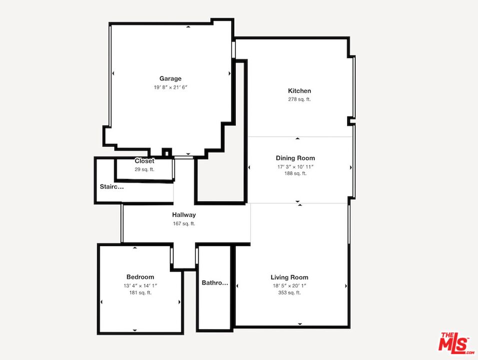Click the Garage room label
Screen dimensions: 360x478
coord(170,78)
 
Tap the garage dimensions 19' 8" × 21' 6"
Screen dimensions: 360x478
coord(170,87)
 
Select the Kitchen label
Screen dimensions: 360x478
coord(299,91)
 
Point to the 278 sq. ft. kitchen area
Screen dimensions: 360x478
coord(299,99)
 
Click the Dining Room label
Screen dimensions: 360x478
coord(295,158)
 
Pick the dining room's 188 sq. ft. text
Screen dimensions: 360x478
coord(295,173)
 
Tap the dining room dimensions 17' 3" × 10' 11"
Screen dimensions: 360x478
coord(295,166)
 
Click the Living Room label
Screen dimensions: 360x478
coord(289,277)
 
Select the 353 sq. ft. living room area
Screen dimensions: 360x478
coord(289,293)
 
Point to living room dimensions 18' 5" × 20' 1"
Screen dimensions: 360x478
coord(289,285)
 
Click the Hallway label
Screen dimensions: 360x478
coord(184,215)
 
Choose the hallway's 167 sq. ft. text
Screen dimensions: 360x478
coord(184,223)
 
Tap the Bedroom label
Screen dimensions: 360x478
coord(140,277)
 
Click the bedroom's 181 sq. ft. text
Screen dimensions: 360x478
coord(140,293)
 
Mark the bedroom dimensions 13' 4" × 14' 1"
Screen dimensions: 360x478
coord(140,285)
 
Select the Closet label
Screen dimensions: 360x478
coord(144,161)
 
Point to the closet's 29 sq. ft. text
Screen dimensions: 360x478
coord(144,169)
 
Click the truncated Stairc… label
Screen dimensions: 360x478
coord(111,187)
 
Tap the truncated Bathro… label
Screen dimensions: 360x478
coord(215,283)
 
